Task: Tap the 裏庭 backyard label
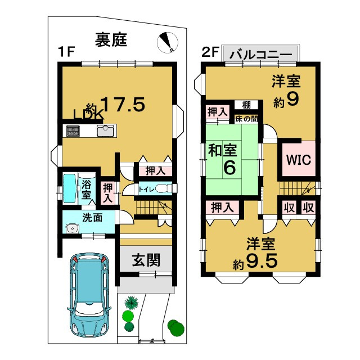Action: (111, 40)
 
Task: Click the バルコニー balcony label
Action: (260, 56)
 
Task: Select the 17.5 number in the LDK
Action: (123, 104)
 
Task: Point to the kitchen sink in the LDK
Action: (105, 132)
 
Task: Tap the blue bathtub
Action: (69, 188)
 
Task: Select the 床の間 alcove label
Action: (246, 119)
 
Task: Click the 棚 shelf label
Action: (246, 105)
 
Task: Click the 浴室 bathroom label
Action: (87, 189)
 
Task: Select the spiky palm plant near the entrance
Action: (131, 303)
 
